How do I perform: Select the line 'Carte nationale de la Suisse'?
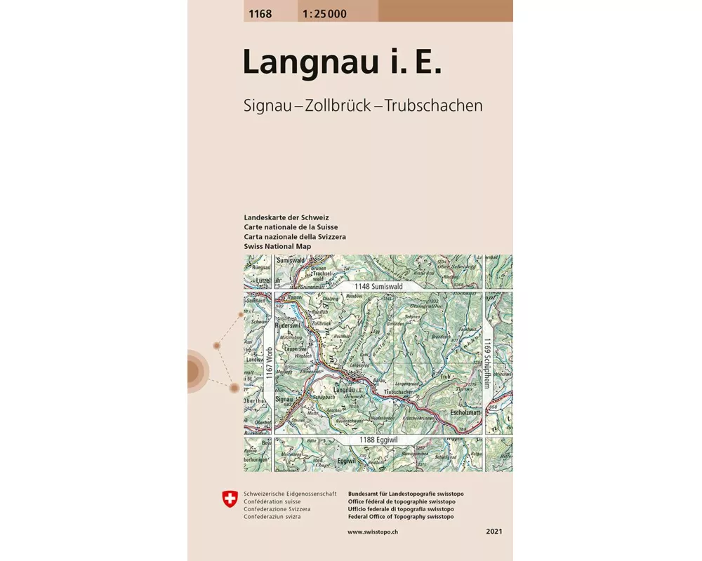point(291,227)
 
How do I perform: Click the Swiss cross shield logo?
point(229,500)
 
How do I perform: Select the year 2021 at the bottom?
point(494,532)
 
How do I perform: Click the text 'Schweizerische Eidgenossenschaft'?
point(291,494)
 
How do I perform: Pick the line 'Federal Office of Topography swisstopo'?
point(401,517)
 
